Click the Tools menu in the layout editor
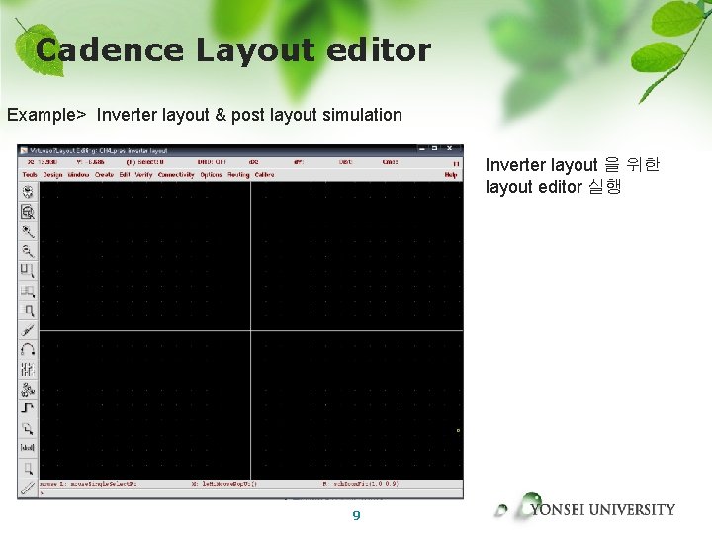pos(30,175)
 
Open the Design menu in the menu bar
pos(52,175)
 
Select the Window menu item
pos(78,175)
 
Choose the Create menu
pos(104,175)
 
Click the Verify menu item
pos(143,175)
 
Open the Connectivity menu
pos(176,175)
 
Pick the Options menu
pos(211,175)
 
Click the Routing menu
pos(238,175)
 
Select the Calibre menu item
pos(264,175)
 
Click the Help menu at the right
pos(451,175)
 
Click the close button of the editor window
pos(456,150)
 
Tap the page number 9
pos(356,515)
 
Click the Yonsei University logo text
pos(602,510)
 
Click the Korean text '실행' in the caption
pos(604,186)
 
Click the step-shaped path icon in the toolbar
pos(28,407)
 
